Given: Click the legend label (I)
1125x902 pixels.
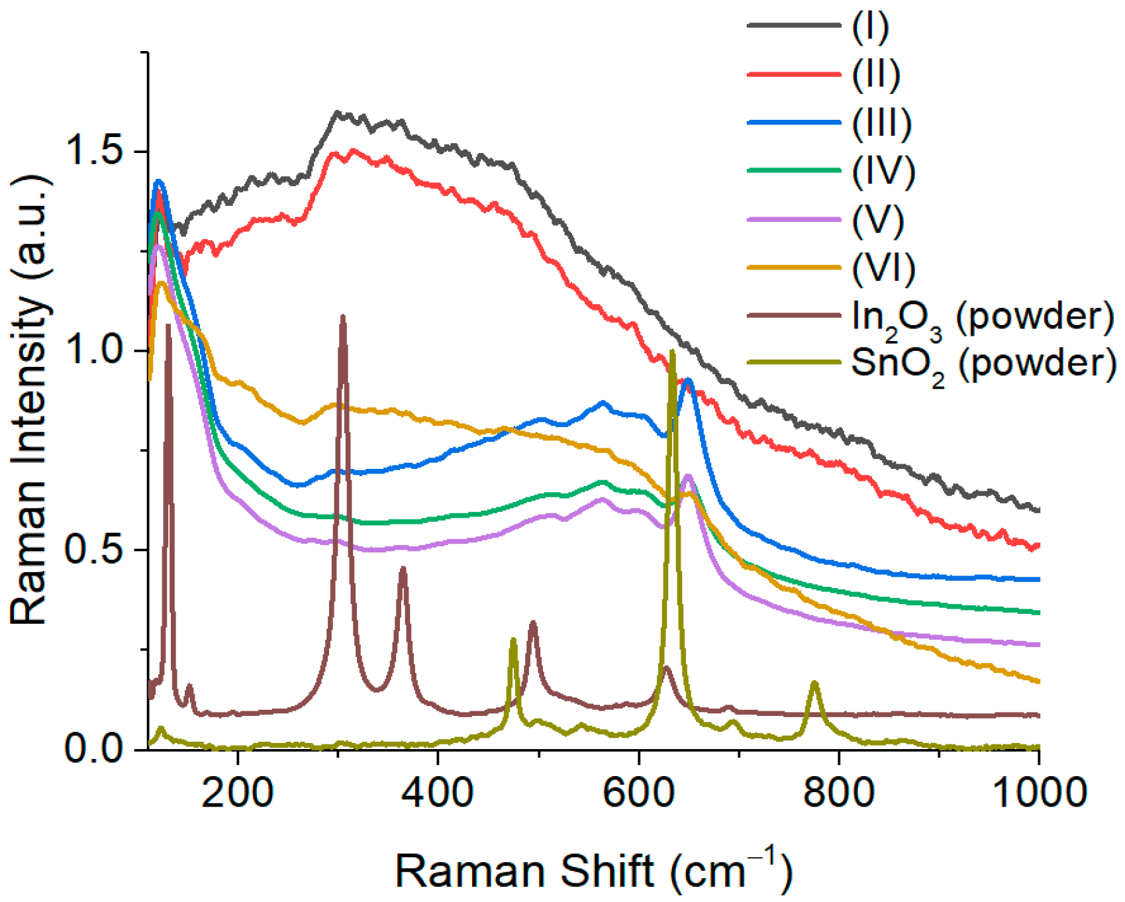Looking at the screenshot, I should tap(869, 27).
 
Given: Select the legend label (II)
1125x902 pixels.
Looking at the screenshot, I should tap(875, 75).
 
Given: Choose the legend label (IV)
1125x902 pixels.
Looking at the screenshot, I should tap(883, 172).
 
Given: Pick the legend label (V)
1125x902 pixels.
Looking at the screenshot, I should tap(877, 220).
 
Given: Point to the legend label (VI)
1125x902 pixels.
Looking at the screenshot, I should tap(883, 268).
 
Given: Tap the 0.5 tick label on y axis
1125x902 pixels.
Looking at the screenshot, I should tap(93, 550).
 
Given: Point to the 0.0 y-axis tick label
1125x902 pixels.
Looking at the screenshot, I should tap(93, 749).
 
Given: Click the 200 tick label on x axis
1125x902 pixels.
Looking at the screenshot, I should tap(237, 793).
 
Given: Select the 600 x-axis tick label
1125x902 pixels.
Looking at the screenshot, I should tap(638, 793).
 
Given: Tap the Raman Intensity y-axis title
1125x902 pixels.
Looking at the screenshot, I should tap(30, 401).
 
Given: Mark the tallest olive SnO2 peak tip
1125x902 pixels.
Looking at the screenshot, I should tap(673, 352).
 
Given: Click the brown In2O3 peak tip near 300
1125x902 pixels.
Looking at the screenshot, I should tap(342, 317).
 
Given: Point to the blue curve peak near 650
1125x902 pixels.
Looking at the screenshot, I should tap(689, 380).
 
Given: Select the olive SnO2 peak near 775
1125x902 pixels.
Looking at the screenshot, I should tap(814, 683).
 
